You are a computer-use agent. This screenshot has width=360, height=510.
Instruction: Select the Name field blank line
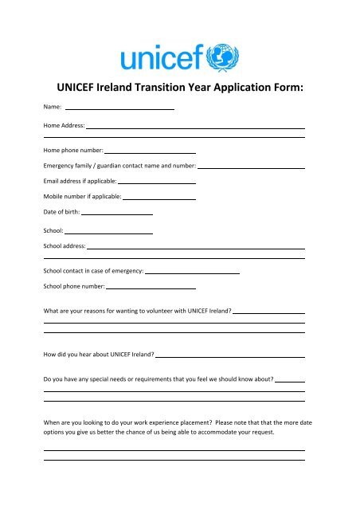pyautogui.click(x=119, y=108)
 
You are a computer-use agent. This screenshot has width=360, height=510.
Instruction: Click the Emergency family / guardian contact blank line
pyautogui.click(x=251, y=167)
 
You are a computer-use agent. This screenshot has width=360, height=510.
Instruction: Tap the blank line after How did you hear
pyautogui.click(x=231, y=355)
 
